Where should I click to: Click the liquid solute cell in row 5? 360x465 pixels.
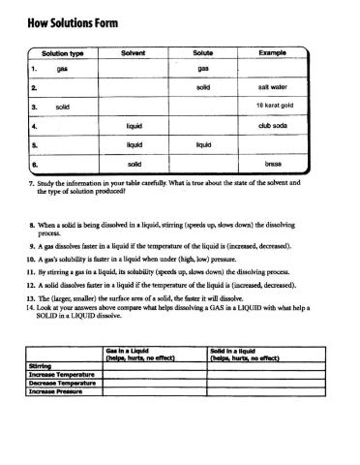pos(203,144)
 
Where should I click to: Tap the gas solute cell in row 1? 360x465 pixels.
pos(203,69)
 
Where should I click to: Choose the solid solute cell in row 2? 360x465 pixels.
pos(203,87)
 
